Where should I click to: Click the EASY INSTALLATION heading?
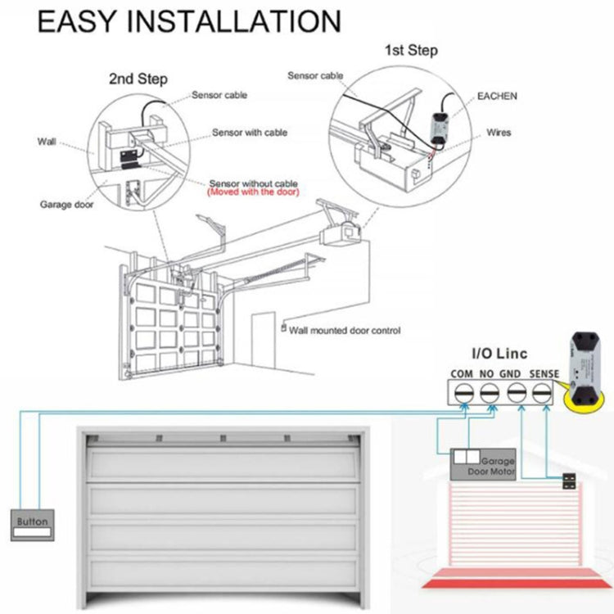189,22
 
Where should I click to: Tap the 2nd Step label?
138,79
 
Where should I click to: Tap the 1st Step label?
411,51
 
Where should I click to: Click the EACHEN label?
498,96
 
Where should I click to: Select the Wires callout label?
499,131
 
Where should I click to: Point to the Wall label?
47,141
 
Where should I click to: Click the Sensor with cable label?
249,132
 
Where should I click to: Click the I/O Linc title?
499,354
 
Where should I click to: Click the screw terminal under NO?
489,393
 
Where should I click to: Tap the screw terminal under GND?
517,393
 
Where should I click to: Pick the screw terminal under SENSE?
543,393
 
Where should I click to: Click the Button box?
32,523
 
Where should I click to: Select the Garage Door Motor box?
484,464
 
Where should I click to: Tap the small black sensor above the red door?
568,482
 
